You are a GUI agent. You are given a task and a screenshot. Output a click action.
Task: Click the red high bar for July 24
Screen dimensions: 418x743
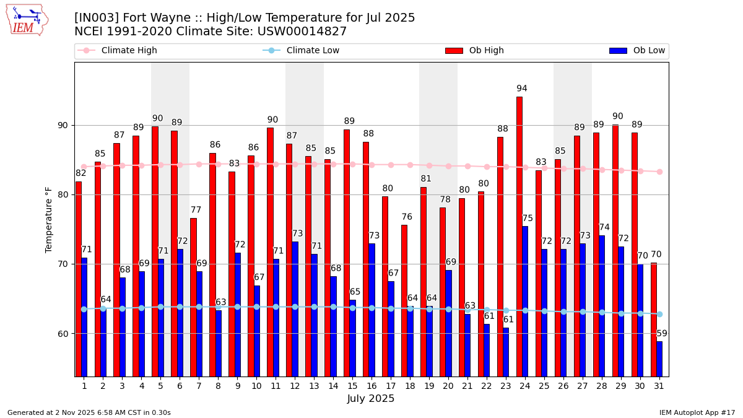pyautogui.click(x=519, y=235)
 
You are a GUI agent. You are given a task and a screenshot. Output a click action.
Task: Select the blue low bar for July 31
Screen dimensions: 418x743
pyautogui.click(x=659, y=359)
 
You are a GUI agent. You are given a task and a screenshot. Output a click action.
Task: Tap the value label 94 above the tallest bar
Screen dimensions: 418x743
pyautogui.click(x=522, y=89)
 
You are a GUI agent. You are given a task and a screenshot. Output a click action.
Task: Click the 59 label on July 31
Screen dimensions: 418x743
pyautogui.click(x=662, y=333)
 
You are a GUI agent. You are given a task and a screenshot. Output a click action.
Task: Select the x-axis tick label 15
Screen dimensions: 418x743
pyautogui.click(x=352, y=386)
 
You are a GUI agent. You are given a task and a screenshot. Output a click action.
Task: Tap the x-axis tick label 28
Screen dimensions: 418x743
pyautogui.click(x=602, y=386)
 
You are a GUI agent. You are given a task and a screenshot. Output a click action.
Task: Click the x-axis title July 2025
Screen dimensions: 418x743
pyautogui.click(x=371, y=399)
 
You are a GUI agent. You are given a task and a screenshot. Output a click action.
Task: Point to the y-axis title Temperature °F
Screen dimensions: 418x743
pyautogui.click(x=49, y=220)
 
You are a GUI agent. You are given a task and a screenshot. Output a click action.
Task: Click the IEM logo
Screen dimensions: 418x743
pyautogui.click(x=27, y=20)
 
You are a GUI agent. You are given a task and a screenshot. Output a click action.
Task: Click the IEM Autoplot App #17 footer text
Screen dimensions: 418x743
pyautogui.click(x=697, y=412)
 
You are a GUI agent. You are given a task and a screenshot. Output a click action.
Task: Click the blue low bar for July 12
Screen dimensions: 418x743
pyautogui.click(x=295, y=308)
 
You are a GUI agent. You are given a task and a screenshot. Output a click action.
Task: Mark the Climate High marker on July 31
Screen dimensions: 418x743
pyautogui.click(x=659, y=172)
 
